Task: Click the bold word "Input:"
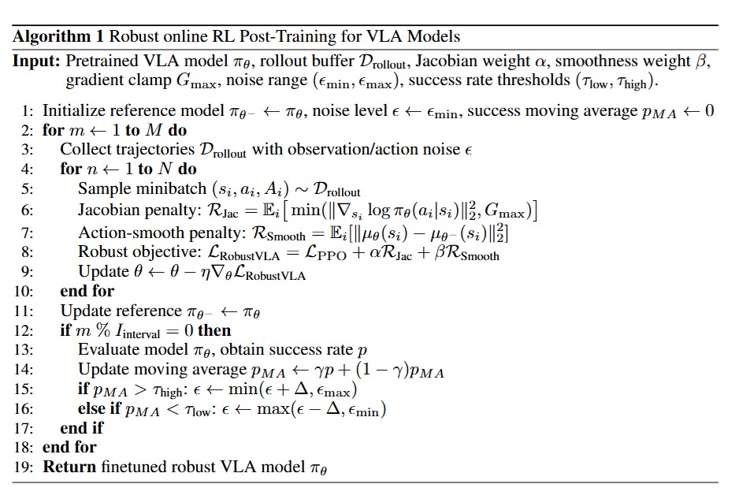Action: pyautogui.click(x=37, y=61)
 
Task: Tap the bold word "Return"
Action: pyautogui.click(x=69, y=467)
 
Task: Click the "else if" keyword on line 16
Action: pyautogui.click(x=98, y=409)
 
